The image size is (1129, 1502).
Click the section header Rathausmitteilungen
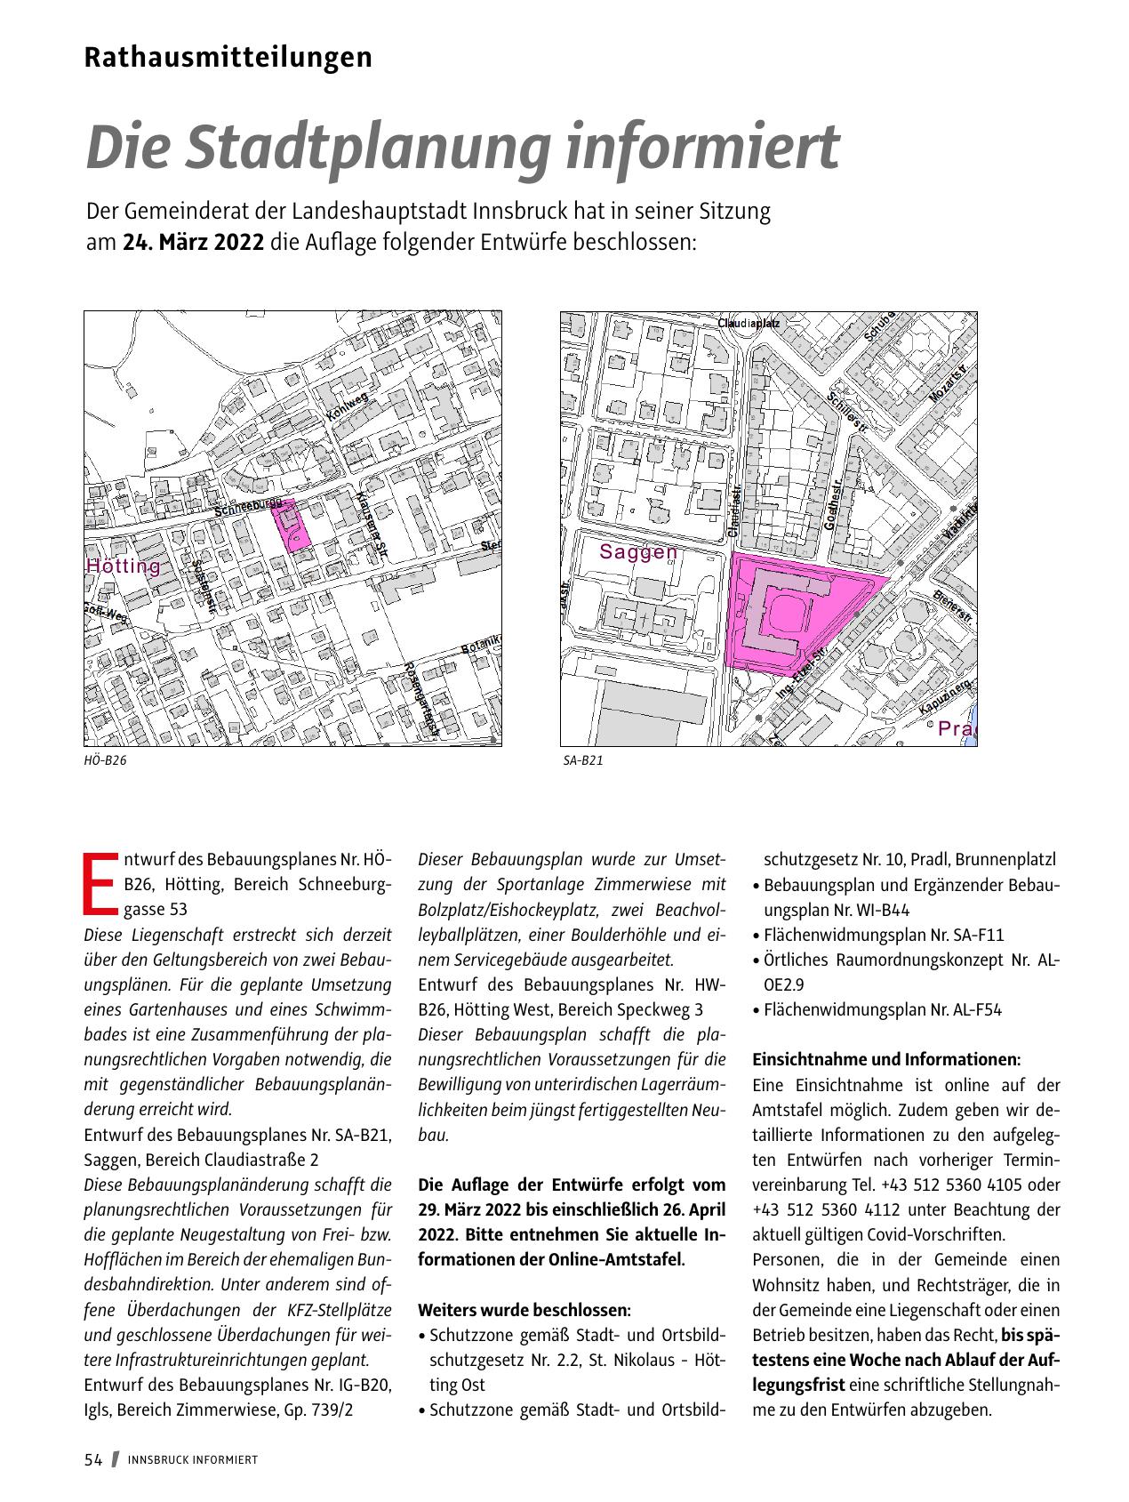[228, 58]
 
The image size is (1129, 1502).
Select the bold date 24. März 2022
[193, 243]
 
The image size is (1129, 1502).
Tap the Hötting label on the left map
[124, 566]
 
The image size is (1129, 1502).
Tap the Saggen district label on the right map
[638, 552]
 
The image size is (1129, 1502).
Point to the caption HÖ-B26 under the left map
[100, 761]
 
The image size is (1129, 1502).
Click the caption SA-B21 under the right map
[583, 761]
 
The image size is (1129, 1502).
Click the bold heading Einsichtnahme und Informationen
[886, 1060]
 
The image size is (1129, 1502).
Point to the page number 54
[93, 1459]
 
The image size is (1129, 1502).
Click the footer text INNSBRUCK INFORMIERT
[193, 1460]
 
